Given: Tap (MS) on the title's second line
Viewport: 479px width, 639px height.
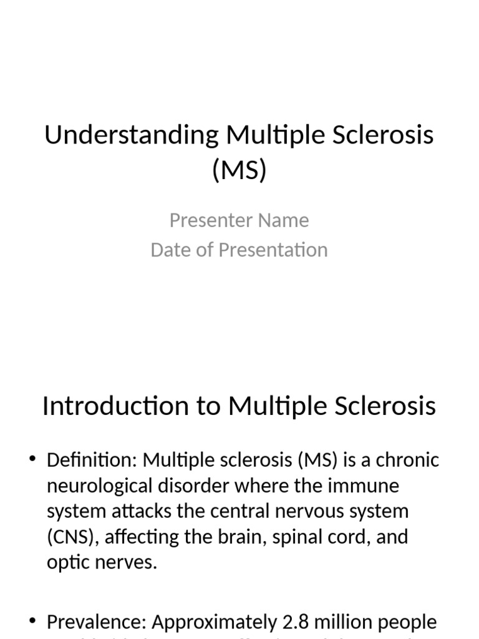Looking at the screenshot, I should [239, 170].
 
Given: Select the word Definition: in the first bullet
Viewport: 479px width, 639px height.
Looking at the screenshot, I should [92, 461].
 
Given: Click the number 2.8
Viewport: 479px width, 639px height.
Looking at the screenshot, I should [296, 622].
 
